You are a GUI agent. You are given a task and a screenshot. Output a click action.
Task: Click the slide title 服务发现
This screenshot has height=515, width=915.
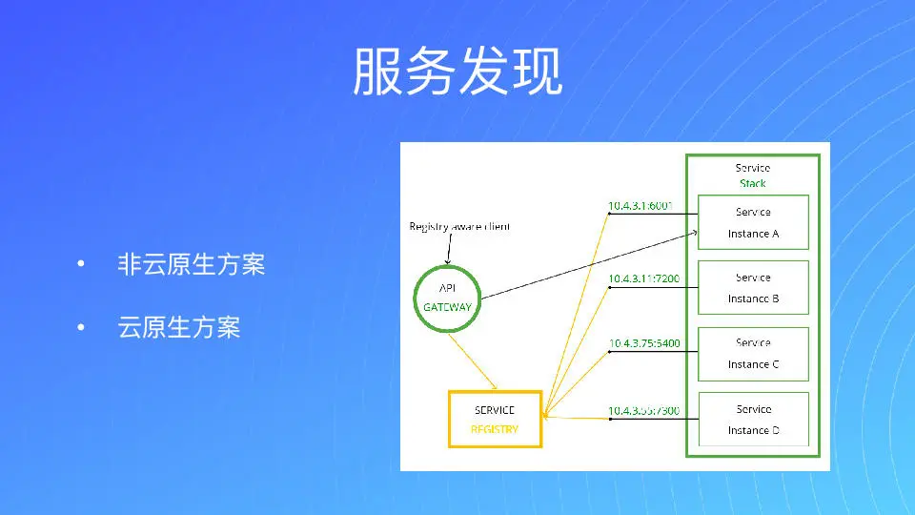[457, 72]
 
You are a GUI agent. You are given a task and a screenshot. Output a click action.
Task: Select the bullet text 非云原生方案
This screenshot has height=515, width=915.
[191, 264]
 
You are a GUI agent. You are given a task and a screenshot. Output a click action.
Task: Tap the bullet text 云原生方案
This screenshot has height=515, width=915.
[178, 328]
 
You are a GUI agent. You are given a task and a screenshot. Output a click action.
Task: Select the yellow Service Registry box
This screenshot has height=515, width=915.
[495, 419]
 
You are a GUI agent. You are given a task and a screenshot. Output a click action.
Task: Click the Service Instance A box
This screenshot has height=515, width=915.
[753, 222]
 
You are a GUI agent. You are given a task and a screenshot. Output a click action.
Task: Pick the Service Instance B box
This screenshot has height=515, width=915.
[753, 287]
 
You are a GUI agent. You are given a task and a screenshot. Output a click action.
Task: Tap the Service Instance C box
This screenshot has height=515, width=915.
[753, 353]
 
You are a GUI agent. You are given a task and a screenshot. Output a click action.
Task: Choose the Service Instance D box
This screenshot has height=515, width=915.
[753, 419]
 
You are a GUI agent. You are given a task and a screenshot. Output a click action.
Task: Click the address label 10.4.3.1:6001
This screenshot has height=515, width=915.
[640, 205]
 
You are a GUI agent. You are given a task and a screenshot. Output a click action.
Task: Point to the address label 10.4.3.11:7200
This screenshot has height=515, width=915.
[644, 278]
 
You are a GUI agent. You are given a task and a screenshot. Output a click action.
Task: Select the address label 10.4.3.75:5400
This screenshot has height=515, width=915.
[644, 343]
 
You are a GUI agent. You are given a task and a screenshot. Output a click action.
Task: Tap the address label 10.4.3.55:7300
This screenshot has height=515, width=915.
[644, 411]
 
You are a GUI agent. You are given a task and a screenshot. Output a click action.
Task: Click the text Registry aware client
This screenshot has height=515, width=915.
[459, 227]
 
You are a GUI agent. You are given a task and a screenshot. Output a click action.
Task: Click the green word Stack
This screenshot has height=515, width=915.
[753, 183]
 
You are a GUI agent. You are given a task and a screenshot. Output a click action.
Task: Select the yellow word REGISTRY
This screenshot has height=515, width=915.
[495, 429]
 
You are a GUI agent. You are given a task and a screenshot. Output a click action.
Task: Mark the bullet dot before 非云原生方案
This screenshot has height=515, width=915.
[82, 264]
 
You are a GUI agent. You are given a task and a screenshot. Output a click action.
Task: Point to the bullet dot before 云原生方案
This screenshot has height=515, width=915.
[82, 328]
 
